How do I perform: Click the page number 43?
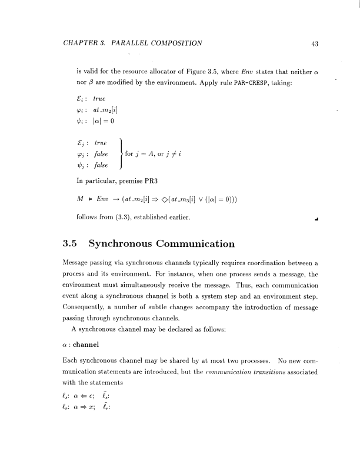[x=314, y=43]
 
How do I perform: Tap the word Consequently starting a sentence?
[x=90, y=307]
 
